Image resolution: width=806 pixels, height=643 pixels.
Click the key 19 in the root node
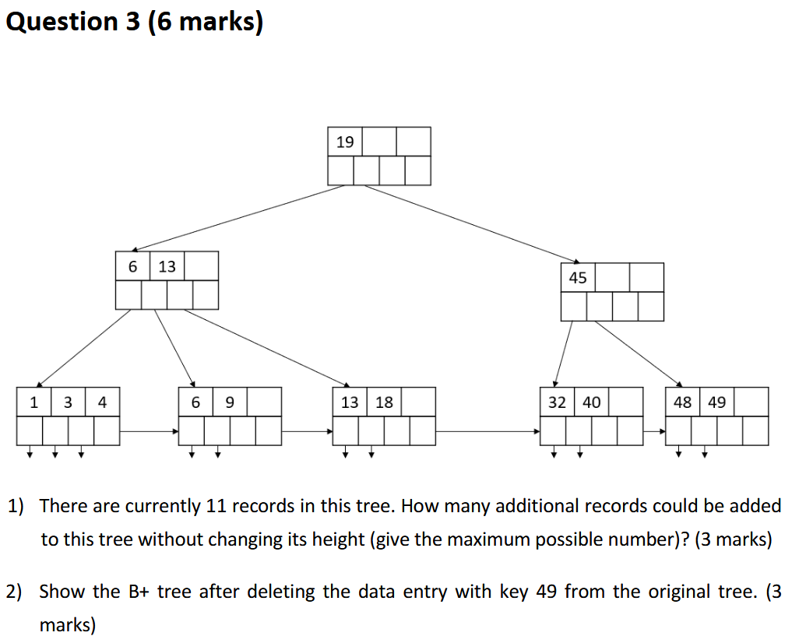345,142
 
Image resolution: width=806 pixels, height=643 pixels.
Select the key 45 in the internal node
578,278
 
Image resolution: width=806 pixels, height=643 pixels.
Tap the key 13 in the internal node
167,266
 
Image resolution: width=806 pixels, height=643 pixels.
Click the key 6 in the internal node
132,266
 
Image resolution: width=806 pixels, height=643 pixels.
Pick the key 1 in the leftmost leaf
33,402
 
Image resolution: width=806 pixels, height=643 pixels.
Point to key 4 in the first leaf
102,402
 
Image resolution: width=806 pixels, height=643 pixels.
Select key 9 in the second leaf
229,402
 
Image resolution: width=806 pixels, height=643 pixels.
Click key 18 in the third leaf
384,402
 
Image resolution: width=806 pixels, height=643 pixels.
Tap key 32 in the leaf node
557,402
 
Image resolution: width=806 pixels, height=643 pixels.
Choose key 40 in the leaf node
591,402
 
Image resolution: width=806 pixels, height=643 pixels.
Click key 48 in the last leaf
682,402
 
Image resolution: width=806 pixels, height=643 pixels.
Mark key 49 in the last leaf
716,402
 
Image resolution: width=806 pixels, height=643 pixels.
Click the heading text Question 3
73,22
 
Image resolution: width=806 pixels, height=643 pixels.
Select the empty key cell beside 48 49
751,402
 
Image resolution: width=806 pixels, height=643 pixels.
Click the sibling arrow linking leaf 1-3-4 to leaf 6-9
150,430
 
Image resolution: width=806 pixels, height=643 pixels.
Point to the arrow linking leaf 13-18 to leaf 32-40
487,430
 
